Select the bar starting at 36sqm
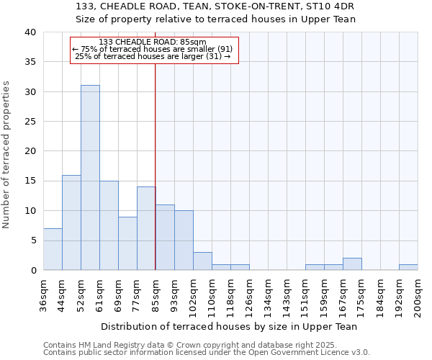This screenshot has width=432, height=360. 53,249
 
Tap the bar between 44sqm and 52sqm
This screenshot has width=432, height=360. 71,222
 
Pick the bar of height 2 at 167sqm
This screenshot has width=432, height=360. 352,264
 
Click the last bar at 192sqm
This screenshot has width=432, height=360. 408,267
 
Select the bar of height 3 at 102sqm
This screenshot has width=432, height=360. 202,261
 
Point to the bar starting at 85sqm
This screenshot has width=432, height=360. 165,238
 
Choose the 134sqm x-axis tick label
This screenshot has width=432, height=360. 268,294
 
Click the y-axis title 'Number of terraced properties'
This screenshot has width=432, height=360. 6,155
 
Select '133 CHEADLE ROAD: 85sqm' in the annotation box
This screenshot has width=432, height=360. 153,42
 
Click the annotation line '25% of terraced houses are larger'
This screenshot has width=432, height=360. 153,56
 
